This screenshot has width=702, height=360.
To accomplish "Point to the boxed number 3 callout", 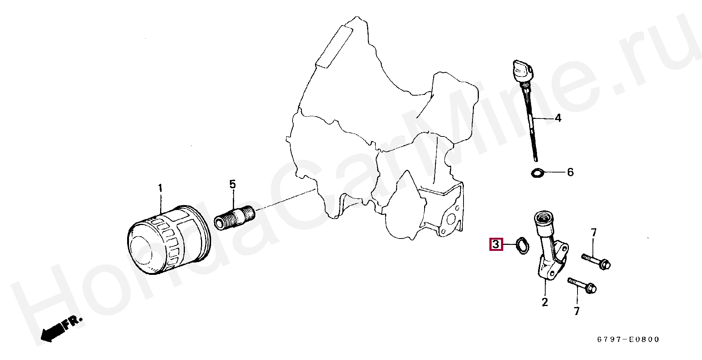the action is tap(496, 244).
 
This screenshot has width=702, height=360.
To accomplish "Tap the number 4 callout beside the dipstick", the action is tap(558, 118).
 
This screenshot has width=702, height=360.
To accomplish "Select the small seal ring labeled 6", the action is tap(537, 173).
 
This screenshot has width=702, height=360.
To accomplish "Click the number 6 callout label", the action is tap(570, 172).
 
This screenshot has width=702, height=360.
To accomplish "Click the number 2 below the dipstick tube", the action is tap(544, 302).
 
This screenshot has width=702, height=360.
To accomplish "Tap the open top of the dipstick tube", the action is tap(543, 217).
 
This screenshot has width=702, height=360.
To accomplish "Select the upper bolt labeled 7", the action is tap(596, 261).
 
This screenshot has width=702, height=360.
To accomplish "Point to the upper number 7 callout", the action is tap(593, 232).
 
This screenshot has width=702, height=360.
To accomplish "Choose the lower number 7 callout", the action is tap(577, 311).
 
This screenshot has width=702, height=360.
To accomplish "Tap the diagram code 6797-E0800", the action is tap(628, 340).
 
